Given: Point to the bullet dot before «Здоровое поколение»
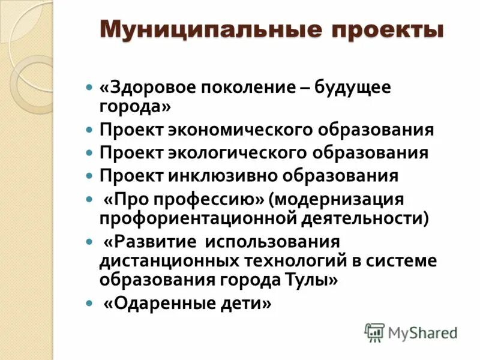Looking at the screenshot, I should [x=89, y=88].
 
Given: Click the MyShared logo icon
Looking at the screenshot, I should [x=374, y=331].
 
